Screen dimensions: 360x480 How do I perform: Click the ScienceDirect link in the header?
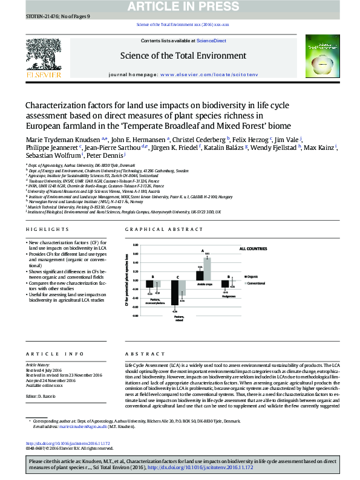(x=212, y=41)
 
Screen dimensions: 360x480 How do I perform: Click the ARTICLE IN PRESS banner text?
(x=180, y=7)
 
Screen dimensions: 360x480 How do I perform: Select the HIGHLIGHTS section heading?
(x=48, y=230)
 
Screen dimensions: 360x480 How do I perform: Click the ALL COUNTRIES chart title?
(x=254, y=248)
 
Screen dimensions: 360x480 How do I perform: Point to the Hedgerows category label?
(x=228, y=297)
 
